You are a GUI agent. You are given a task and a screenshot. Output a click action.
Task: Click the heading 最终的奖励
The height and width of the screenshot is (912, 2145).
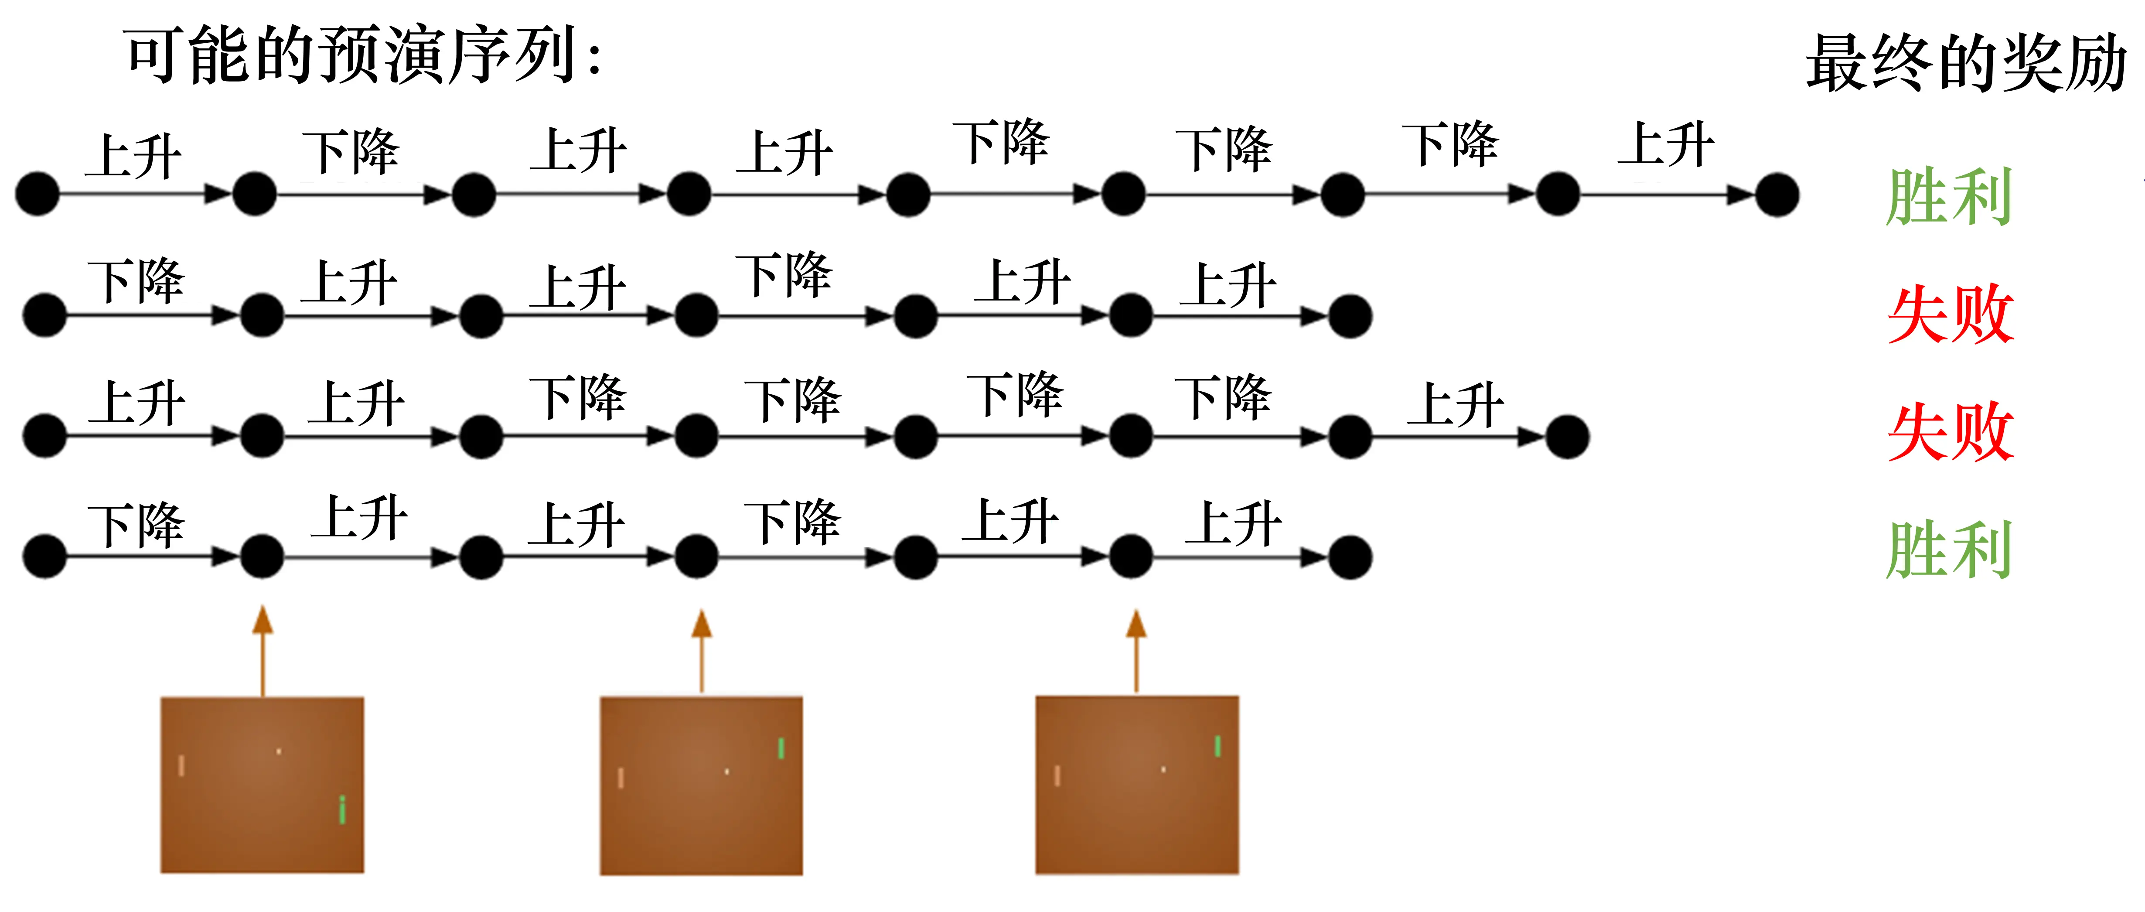tap(1965, 62)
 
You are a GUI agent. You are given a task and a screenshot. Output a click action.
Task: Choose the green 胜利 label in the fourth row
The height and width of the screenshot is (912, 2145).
tap(1948, 550)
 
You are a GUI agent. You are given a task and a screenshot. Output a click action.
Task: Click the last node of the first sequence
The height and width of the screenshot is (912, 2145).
tap(1777, 195)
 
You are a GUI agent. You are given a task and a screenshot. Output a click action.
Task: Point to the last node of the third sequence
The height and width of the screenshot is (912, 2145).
tap(1567, 437)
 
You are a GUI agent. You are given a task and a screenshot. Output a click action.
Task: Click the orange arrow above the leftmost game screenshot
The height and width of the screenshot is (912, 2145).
tap(263, 649)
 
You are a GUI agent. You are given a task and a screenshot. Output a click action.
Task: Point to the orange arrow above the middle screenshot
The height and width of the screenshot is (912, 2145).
tap(702, 649)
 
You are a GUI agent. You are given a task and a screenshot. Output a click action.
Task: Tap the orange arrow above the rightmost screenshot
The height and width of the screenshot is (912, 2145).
tap(1137, 649)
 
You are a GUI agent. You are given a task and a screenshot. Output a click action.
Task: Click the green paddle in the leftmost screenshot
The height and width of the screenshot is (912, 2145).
tap(342, 809)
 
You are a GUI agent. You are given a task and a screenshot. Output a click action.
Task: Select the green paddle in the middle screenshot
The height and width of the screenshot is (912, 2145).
tap(781, 748)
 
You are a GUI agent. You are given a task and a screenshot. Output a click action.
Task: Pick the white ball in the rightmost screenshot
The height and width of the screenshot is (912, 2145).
tap(1163, 769)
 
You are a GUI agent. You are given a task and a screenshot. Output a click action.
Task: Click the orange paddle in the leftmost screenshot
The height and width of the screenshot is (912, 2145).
tap(181, 765)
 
